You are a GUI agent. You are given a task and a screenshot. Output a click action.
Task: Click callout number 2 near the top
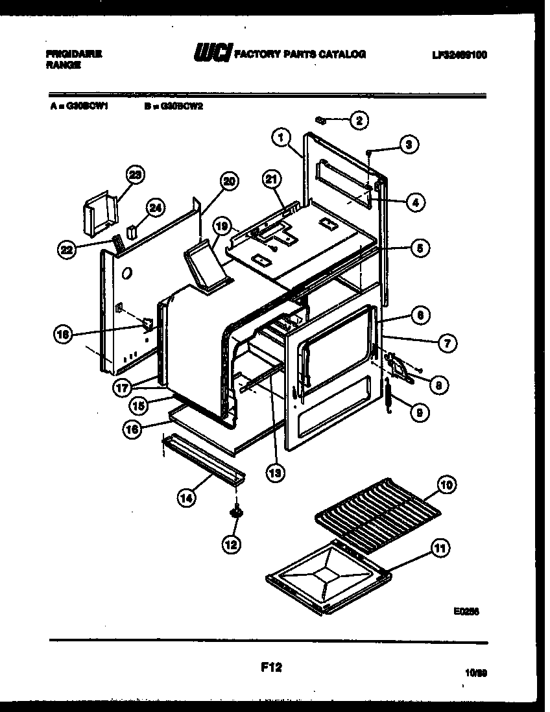[359, 119]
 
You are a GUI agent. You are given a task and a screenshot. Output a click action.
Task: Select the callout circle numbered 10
[447, 484]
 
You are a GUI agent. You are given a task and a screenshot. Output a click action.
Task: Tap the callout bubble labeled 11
[440, 549]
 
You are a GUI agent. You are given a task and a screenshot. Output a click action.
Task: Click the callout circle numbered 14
[186, 498]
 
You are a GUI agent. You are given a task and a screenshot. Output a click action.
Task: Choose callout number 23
[135, 175]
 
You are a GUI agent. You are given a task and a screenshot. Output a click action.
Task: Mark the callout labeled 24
[155, 208]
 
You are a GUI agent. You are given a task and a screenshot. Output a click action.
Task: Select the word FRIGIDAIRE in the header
[73, 54]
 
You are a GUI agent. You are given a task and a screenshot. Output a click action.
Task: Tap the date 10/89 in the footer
[476, 674]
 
